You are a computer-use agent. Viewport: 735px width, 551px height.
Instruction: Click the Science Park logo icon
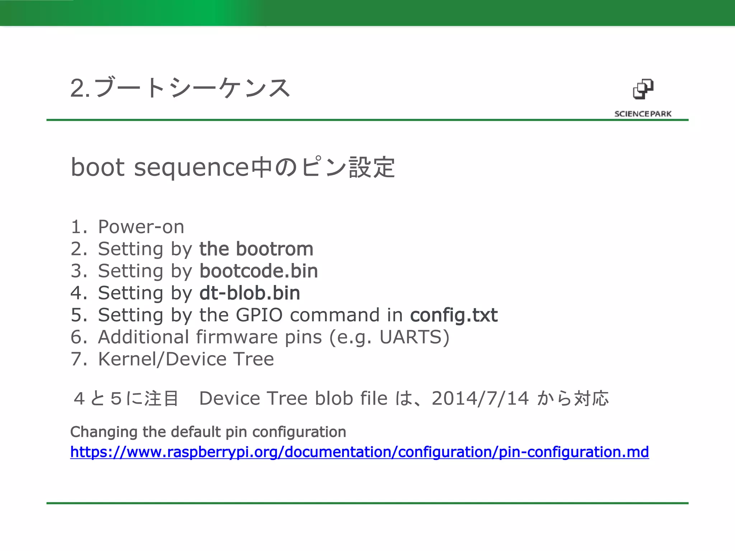(x=643, y=89)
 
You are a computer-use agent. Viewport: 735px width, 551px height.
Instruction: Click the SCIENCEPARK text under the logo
(x=643, y=114)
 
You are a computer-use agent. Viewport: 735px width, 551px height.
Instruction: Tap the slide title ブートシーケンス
(x=192, y=88)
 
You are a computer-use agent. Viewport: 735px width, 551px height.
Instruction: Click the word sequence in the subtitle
(x=191, y=168)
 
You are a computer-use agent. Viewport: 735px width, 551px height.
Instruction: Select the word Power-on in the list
(x=141, y=227)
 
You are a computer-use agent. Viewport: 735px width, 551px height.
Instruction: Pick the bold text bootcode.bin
(x=258, y=271)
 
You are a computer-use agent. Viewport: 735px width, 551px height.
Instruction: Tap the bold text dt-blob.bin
(x=250, y=293)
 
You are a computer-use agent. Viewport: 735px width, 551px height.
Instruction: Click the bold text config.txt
(x=454, y=315)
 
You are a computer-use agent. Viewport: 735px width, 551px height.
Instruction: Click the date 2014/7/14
(x=480, y=398)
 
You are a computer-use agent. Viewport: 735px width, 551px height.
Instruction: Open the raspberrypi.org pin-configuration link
(x=359, y=452)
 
